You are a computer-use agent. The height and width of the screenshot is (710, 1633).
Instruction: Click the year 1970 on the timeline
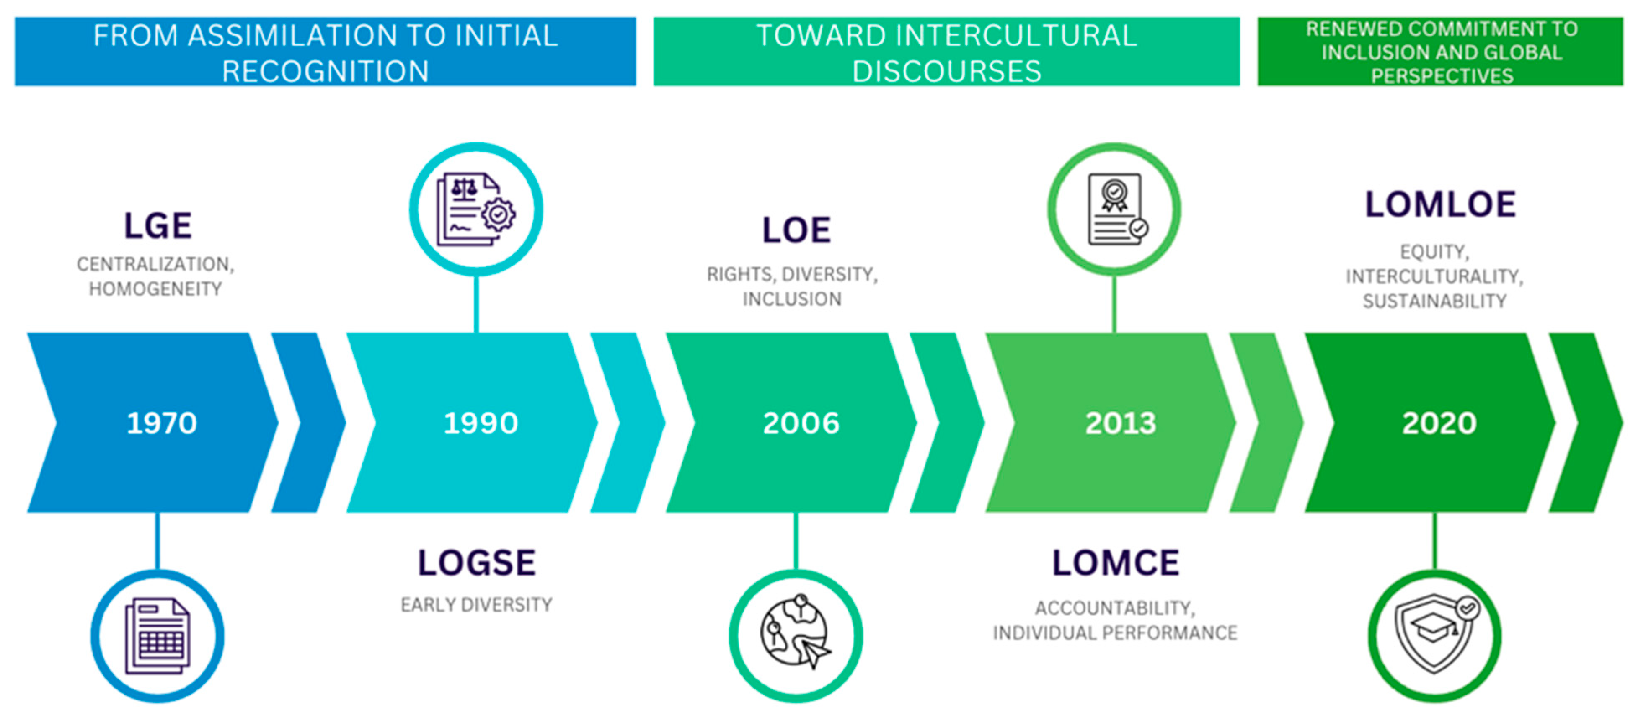click(x=162, y=423)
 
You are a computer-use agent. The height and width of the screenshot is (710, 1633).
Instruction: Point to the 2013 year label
click(x=1121, y=423)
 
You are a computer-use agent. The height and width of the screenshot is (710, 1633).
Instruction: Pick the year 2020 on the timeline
click(x=1439, y=423)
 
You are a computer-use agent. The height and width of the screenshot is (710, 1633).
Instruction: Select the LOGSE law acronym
click(x=477, y=563)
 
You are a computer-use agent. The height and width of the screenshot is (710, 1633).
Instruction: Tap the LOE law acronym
click(x=796, y=230)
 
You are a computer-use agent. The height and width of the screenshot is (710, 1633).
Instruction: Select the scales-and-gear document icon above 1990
click(x=476, y=209)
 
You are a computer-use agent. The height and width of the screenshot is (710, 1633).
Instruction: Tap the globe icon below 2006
click(x=796, y=631)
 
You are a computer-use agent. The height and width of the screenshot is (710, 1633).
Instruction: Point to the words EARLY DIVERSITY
click(x=476, y=605)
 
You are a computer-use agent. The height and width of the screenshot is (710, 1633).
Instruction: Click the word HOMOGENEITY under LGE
click(x=155, y=289)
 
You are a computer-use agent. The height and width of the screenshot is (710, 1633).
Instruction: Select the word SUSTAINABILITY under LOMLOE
click(x=1434, y=301)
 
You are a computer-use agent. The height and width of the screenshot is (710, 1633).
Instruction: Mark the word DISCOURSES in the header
click(x=946, y=72)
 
